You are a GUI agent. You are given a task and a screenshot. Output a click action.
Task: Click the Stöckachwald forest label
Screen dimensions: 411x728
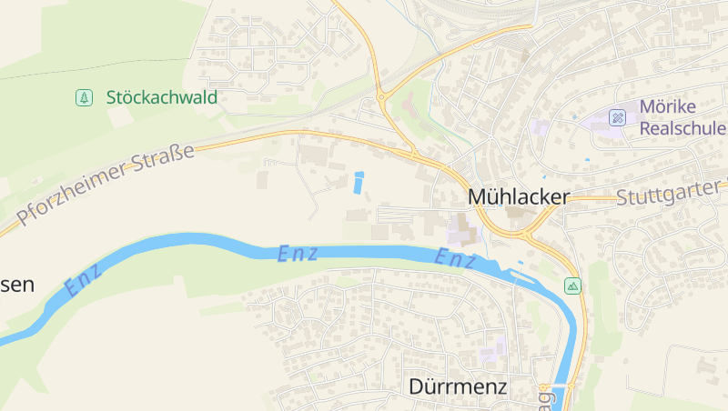tap(162, 97)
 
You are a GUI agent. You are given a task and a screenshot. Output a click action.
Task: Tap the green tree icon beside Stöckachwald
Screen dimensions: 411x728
tap(84, 97)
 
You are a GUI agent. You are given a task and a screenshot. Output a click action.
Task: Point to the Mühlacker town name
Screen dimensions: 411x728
tap(518, 196)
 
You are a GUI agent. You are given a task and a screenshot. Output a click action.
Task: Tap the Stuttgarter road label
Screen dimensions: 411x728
tap(669, 195)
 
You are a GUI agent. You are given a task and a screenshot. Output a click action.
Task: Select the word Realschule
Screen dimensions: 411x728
tap(682, 128)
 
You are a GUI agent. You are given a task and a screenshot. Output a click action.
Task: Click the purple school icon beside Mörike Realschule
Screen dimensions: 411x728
tap(618, 117)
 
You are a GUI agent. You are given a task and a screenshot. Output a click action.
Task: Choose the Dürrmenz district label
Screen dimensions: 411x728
tap(457, 386)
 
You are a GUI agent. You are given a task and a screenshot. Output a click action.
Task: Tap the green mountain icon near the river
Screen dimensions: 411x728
tap(572, 286)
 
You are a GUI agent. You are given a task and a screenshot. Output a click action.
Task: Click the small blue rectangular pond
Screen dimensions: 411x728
tap(358, 183)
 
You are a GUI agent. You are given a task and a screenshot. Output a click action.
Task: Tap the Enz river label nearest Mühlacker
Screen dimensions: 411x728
tap(456, 259)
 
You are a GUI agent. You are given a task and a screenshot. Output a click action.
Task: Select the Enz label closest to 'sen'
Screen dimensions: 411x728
tap(84, 280)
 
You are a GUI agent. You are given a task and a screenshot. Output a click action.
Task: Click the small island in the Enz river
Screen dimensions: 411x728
tap(521, 265)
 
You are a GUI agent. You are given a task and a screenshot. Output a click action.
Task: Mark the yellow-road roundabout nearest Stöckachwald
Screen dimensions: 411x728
tap(381, 94)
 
